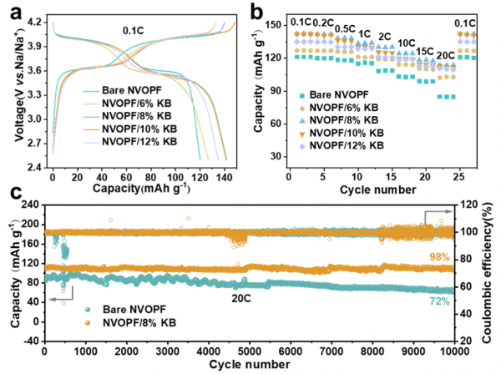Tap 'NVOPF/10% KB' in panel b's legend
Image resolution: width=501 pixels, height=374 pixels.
pos(347,133)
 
